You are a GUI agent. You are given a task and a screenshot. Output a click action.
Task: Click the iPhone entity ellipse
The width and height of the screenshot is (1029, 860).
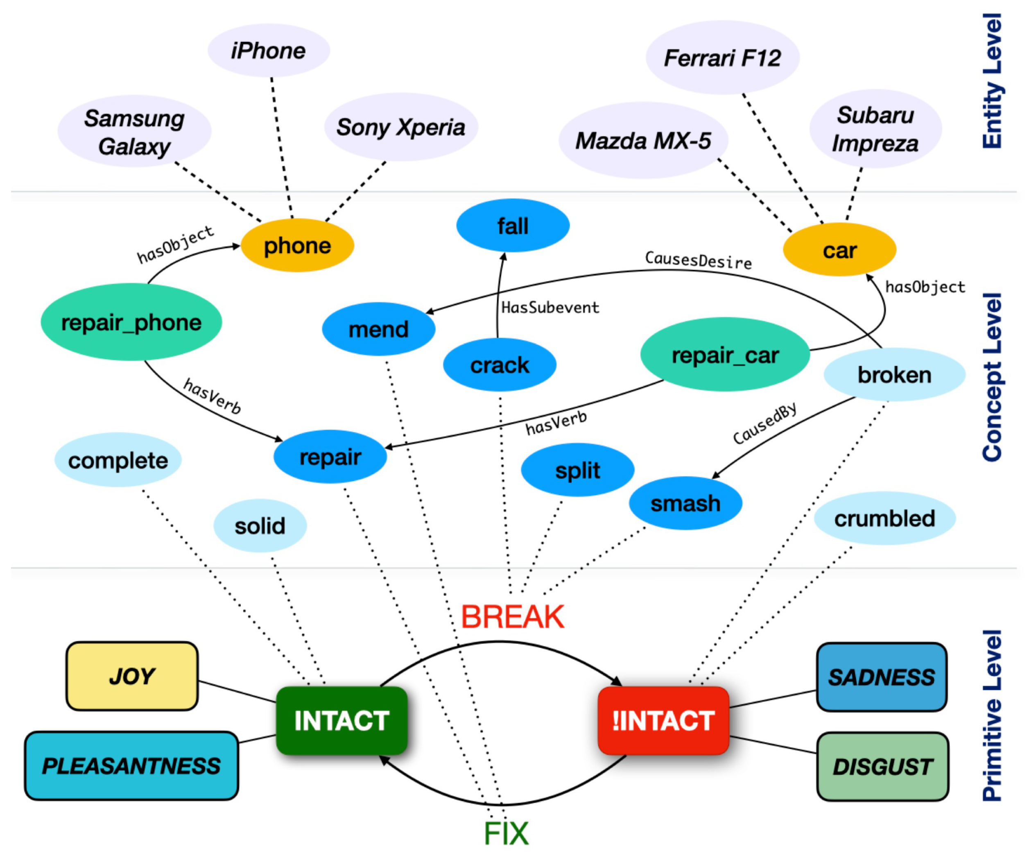pos(269,50)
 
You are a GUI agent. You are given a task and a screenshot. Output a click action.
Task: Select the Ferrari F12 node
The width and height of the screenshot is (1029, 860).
pos(722,58)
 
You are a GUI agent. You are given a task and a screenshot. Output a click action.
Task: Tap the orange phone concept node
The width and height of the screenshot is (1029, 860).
pos(297,245)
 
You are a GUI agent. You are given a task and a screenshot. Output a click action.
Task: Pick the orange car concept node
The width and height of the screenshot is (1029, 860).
pos(839,250)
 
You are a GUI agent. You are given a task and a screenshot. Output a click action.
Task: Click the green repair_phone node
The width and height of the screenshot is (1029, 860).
pos(131,322)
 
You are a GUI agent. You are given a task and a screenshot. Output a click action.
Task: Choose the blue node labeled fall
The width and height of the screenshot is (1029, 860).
pos(513,226)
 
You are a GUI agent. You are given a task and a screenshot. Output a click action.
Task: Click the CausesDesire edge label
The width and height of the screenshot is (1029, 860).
pos(698,260)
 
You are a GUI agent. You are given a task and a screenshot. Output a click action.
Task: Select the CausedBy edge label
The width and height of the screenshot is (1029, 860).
pos(765,424)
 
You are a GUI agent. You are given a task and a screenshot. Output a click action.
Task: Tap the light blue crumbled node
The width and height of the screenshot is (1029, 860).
pos(884,518)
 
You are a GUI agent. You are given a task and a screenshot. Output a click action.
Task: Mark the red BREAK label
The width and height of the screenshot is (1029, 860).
pos(513,616)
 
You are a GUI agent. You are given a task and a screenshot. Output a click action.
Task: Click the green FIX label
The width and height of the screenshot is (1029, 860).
pos(506,833)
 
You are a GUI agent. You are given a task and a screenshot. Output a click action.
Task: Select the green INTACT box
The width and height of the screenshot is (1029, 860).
pos(341,720)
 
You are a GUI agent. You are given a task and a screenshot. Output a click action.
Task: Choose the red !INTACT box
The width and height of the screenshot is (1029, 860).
pos(663,720)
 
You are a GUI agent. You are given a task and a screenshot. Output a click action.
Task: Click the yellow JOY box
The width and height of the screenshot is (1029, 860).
pos(132,676)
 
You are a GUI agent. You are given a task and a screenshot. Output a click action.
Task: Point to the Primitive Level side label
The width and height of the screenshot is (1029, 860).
pos(992,715)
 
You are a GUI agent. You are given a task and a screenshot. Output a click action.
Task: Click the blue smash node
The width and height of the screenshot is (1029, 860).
pos(685,503)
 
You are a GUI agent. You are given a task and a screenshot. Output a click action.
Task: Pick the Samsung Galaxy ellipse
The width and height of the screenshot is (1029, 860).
pos(134,132)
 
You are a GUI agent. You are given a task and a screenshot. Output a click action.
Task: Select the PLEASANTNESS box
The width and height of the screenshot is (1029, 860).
pos(131,766)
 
